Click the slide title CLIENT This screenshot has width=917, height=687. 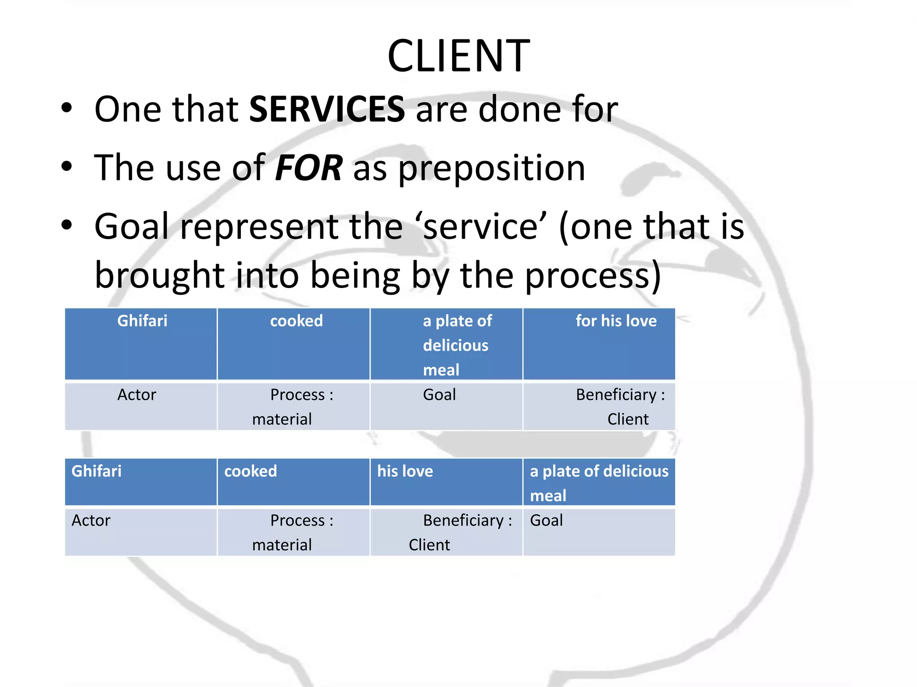(458, 56)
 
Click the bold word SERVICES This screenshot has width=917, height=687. (327, 109)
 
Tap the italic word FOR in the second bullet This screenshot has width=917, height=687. (309, 168)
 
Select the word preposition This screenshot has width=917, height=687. (492, 169)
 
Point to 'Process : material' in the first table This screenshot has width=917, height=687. (293, 406)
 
